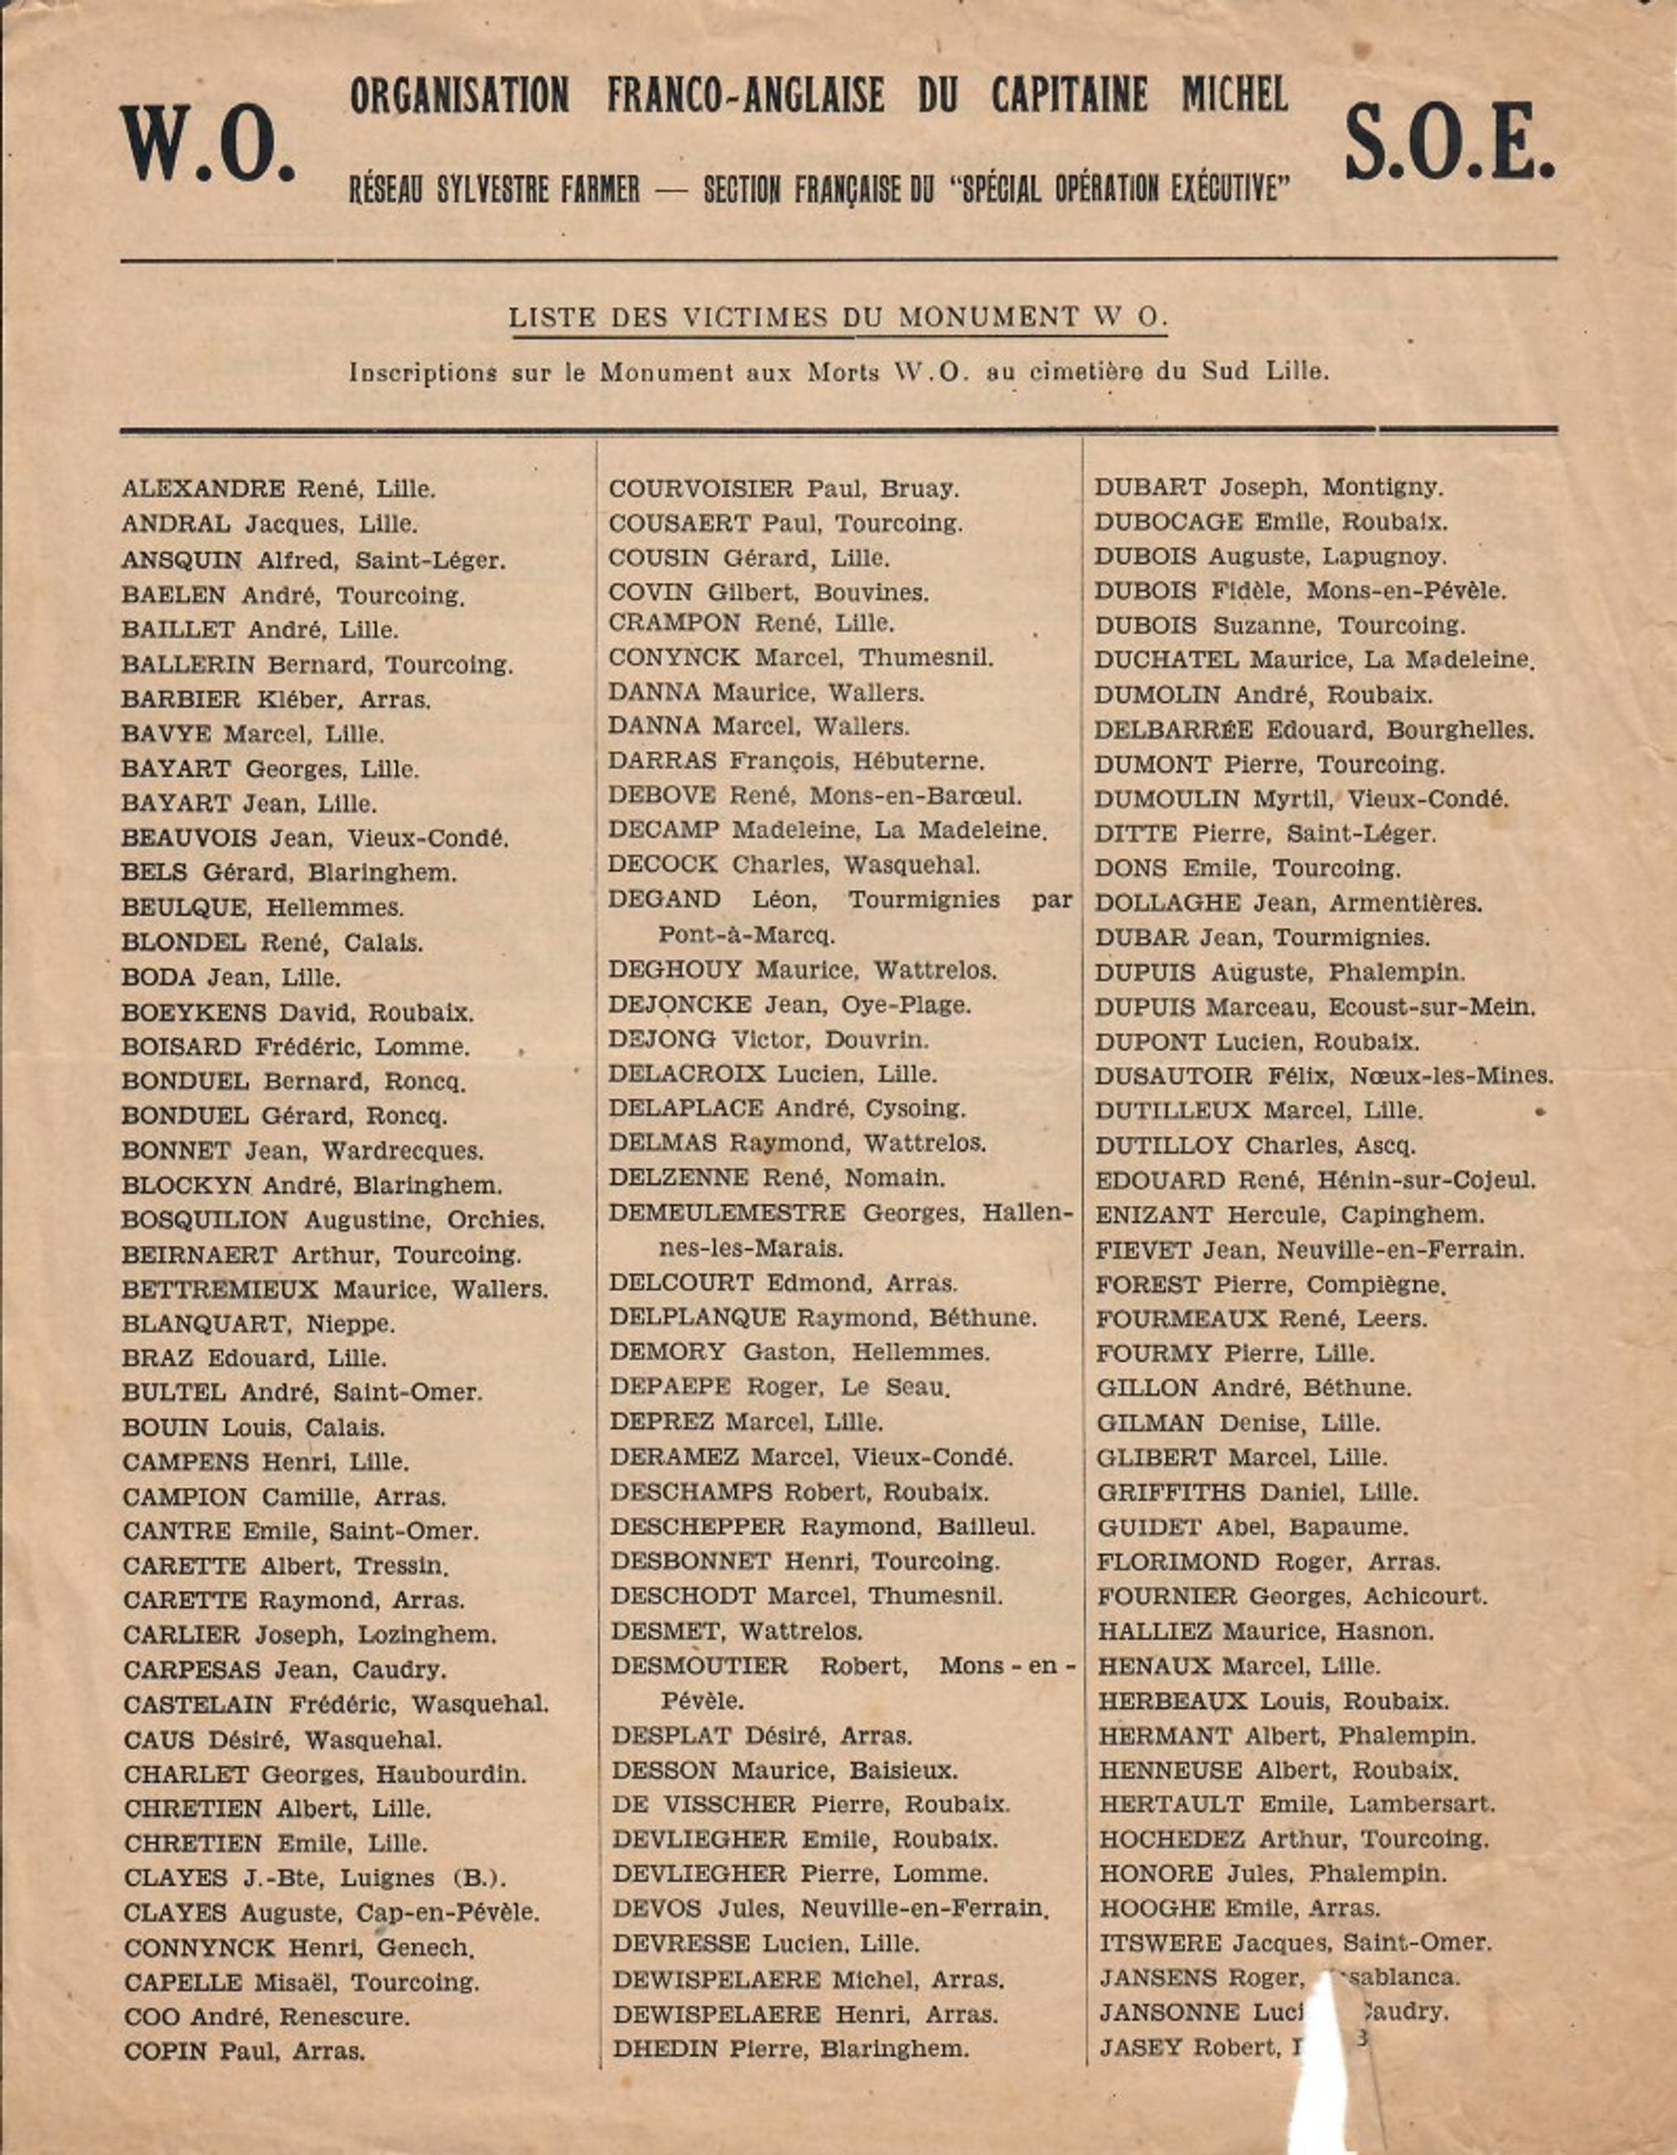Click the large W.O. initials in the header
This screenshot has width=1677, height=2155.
click(207, 144)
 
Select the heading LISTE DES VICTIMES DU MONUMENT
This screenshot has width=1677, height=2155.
click(838, 317)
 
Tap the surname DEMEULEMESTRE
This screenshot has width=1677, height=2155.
click(727, 1213)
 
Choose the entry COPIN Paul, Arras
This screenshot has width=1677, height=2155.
click(244, 2051)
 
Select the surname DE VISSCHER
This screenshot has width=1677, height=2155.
click(703, 1804)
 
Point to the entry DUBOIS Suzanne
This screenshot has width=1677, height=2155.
click(1279, 626)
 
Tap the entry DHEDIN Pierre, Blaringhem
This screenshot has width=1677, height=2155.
click(790, 2048)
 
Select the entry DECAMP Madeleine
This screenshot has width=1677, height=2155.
click(827, 830)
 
